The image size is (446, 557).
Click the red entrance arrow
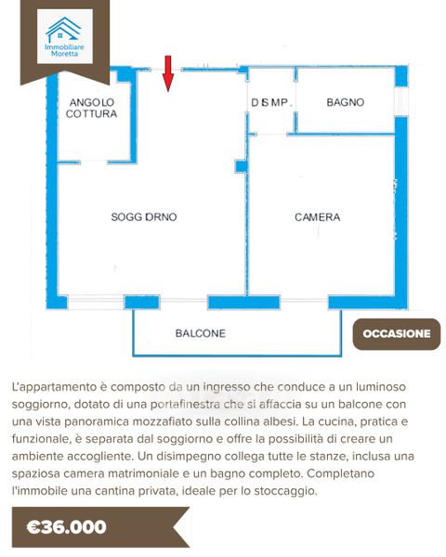168,73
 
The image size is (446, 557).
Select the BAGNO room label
346,102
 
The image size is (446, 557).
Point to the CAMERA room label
317,216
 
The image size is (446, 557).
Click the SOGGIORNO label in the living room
144,216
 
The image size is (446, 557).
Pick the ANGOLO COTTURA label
91,108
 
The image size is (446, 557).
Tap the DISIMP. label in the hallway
271,102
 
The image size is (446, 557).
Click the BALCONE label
201,333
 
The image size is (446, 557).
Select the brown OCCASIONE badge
397,334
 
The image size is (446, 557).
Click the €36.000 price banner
100,527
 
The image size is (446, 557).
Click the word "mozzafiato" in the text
165,421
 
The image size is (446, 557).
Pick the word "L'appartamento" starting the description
54,387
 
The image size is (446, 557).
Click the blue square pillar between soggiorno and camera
241,166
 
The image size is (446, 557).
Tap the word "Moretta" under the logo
64,54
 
